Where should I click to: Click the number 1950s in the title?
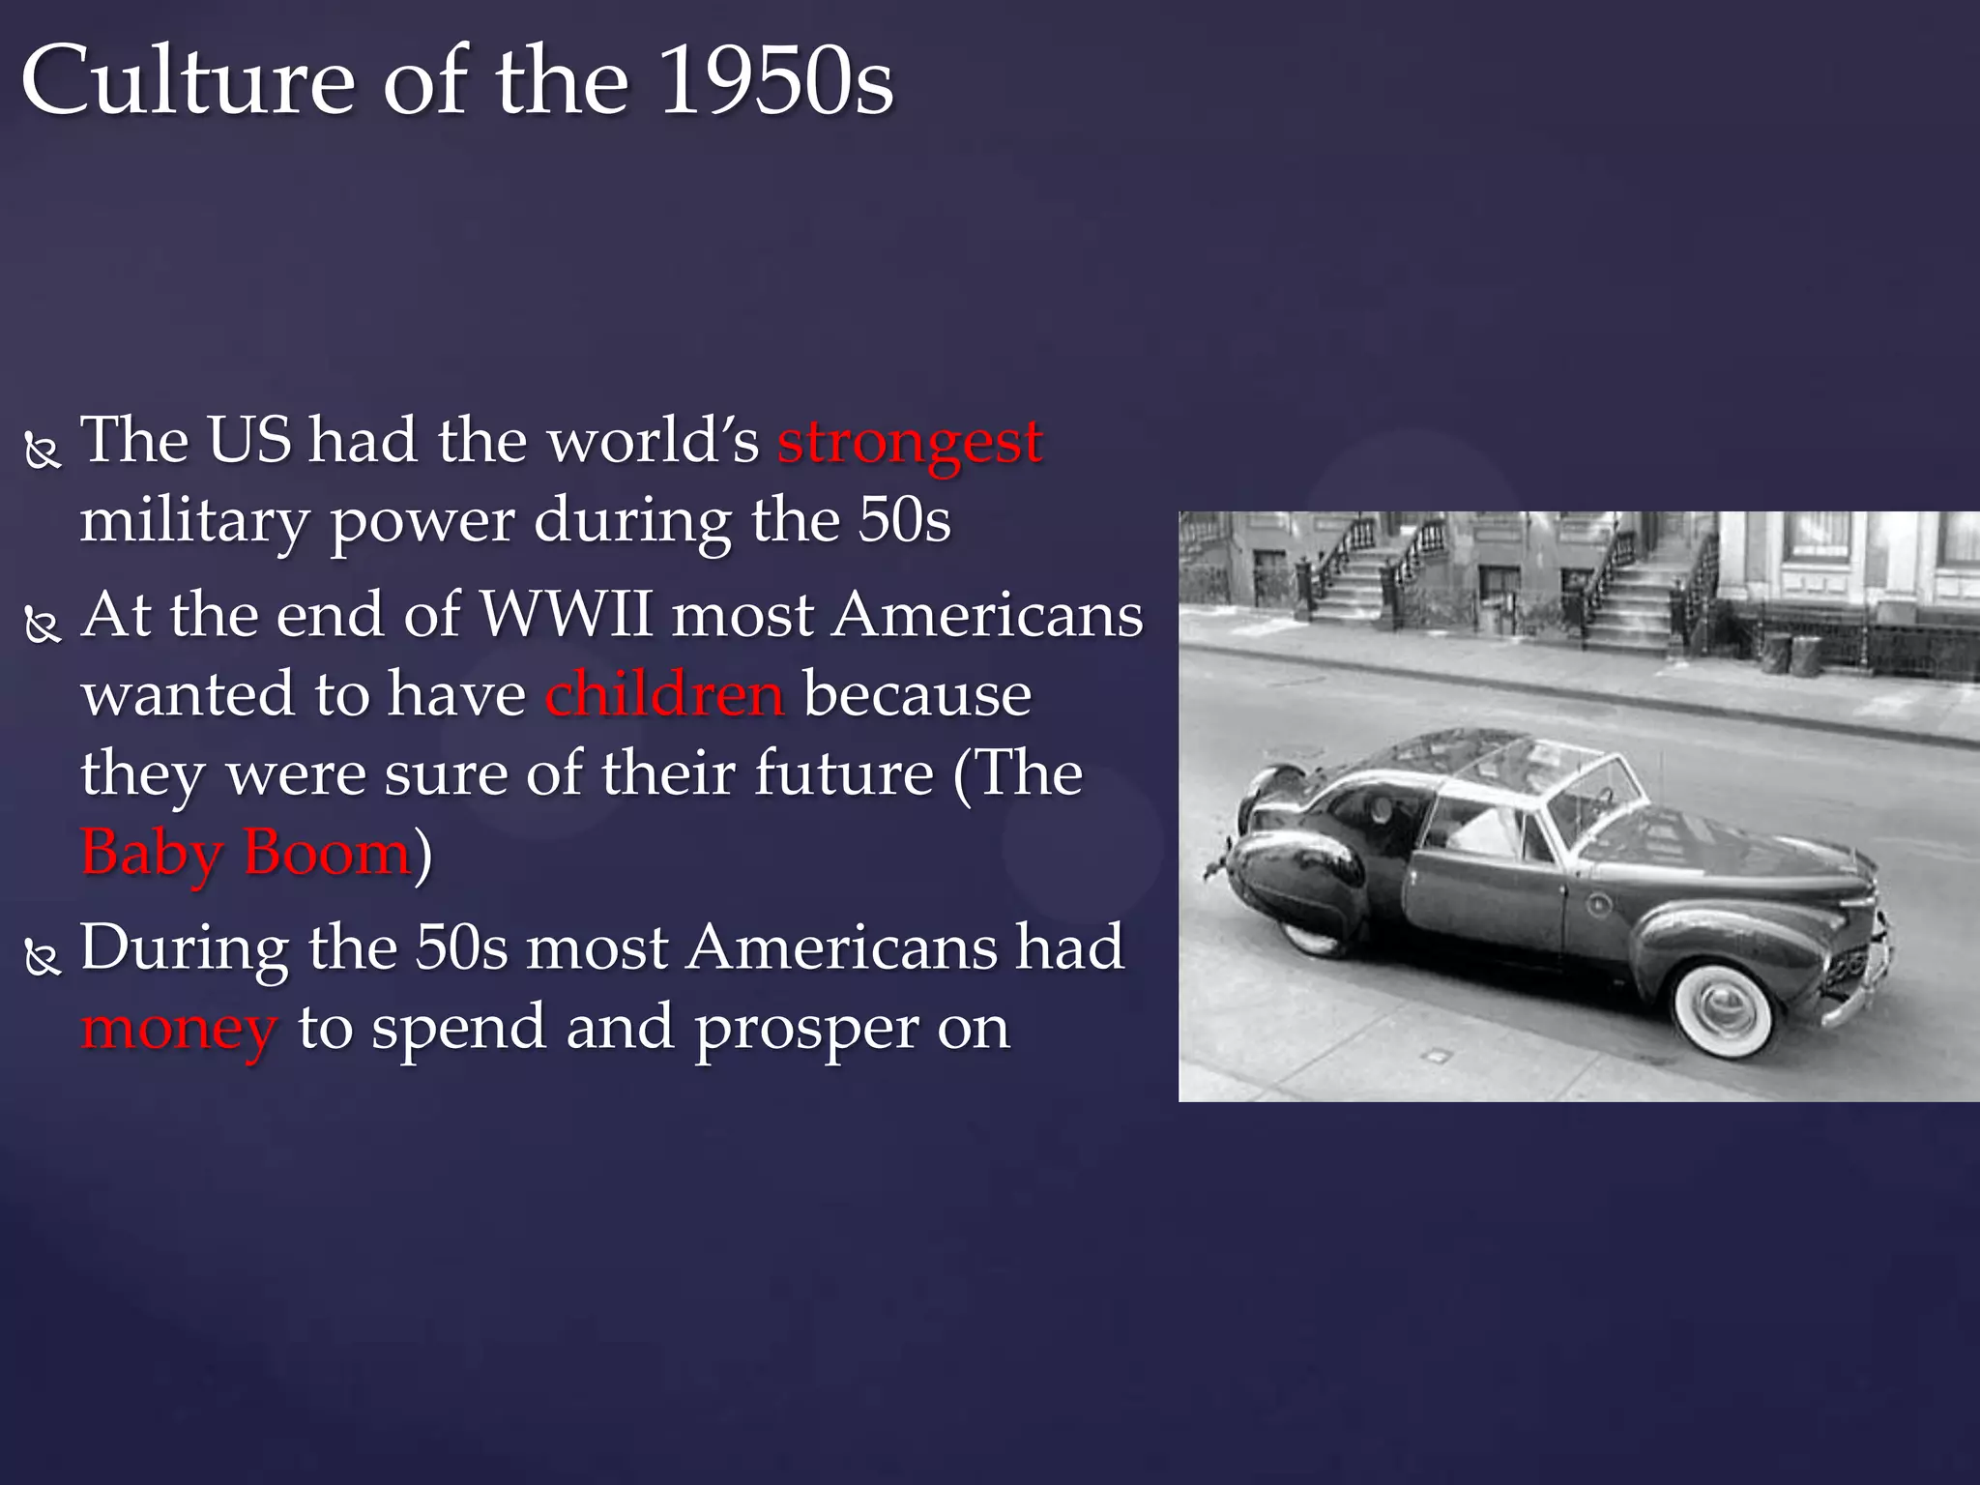777,81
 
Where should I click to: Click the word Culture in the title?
189,81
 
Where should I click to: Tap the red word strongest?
910,442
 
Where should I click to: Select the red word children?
664,694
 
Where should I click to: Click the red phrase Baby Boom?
247,853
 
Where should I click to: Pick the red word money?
180,1029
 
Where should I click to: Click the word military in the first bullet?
194,522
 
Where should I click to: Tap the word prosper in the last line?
806,1029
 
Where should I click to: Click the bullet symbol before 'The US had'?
43,451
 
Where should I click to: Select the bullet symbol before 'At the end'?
43,626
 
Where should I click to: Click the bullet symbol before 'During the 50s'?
43,957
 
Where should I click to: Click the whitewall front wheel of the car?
1724,1006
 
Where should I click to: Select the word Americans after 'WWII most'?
988,615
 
